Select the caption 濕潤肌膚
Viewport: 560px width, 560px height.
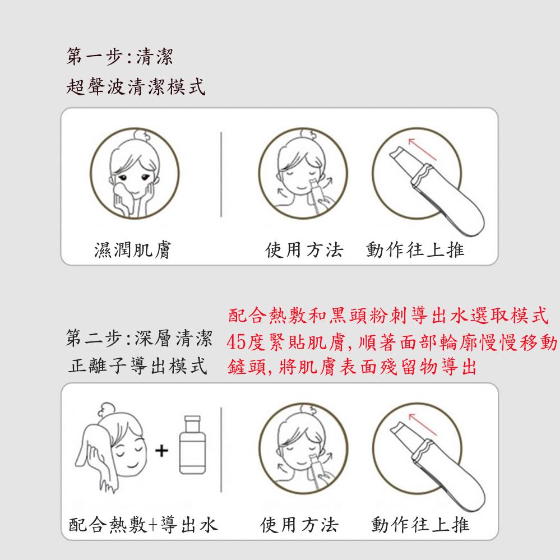coord(133,249)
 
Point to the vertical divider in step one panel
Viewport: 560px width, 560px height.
coord(221,174)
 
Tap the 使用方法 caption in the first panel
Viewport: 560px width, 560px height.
coord(303,249)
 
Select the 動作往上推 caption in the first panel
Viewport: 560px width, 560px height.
coord(415,249)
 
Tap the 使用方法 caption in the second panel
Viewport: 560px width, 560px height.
coord(300,525)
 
